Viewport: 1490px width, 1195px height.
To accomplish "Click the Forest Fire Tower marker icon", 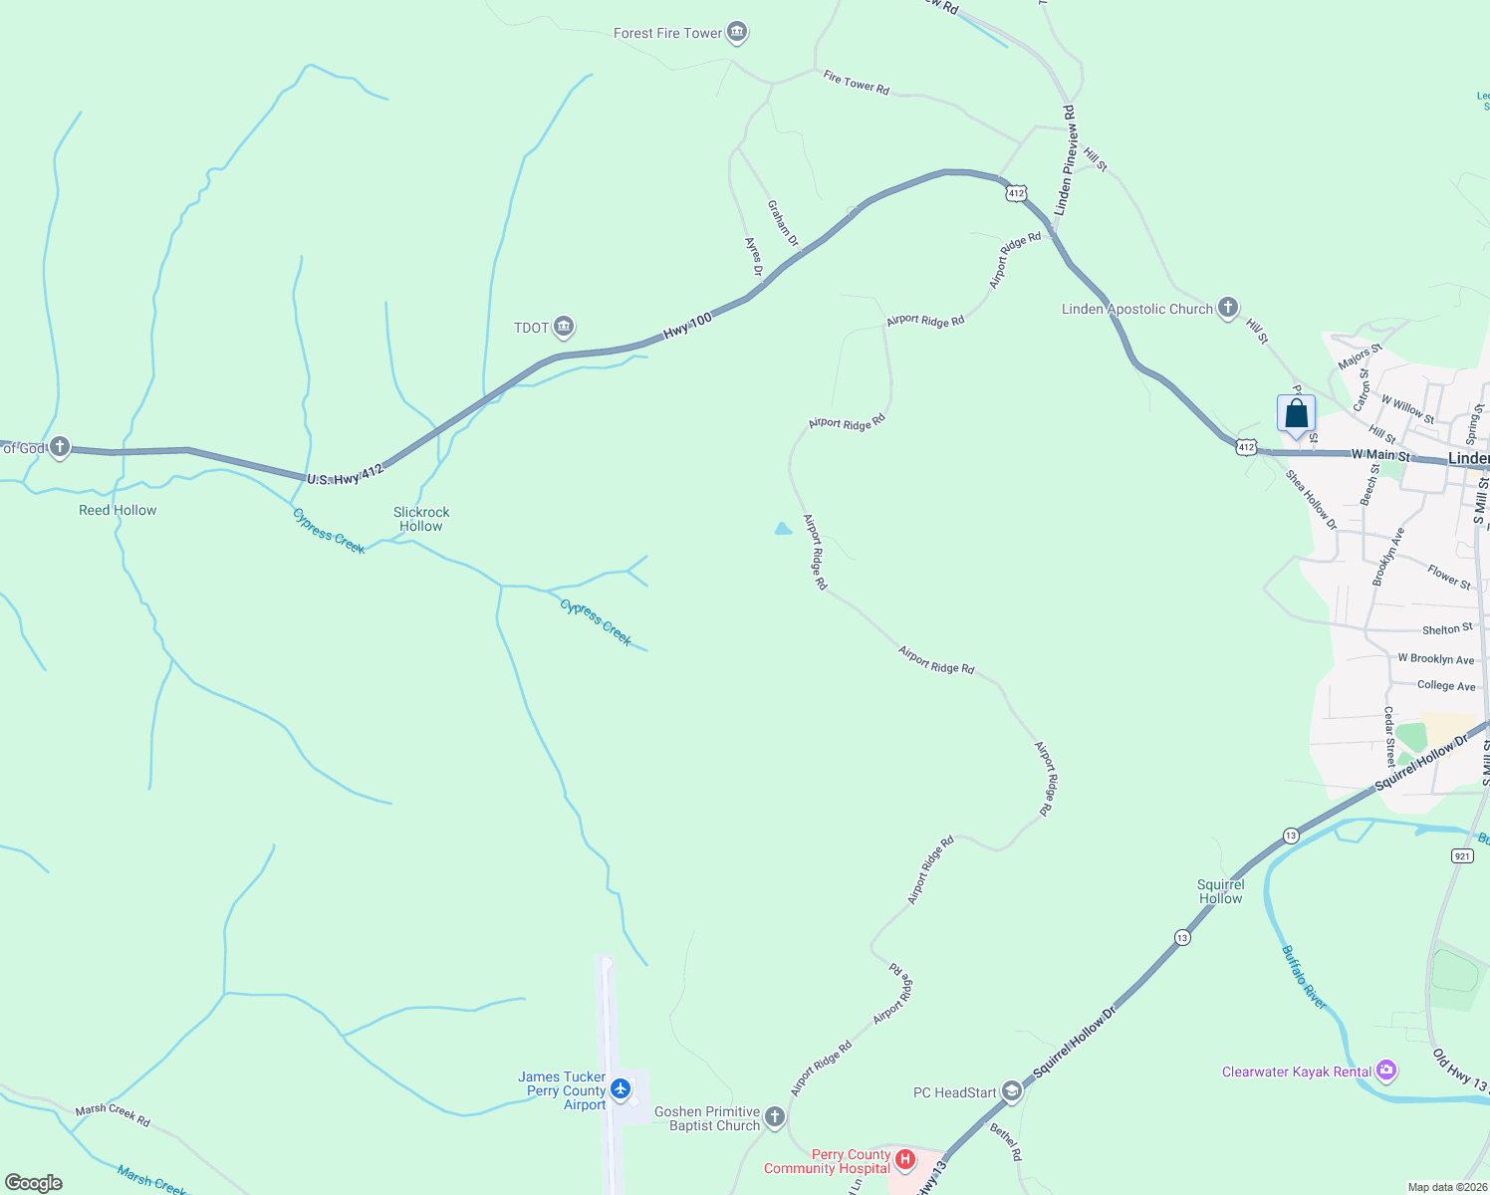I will tap(737, 33).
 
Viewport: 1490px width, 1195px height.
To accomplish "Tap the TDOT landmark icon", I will tap(564, 327).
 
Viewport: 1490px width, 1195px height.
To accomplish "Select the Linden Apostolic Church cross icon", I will tap(1228, 308).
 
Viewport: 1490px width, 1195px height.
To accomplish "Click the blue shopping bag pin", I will tap(1296, 414).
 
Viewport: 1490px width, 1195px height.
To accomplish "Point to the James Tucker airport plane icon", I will tap(621, 1089).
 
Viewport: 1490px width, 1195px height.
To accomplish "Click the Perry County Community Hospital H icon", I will tap(905, 1160).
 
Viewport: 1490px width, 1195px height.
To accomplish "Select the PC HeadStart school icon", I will tap(1012, 1092).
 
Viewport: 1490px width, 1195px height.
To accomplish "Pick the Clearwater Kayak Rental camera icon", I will tap(1386, 1072).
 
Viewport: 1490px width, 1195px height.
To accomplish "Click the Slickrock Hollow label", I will tap(421, 519).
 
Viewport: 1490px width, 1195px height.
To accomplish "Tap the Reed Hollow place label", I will tap(118, 510).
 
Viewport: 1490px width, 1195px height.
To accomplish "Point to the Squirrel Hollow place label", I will tap(1220, 891).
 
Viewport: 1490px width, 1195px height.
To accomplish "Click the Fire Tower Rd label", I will tap(856, 83).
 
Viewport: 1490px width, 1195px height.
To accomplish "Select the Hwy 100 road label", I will tap(688, 324).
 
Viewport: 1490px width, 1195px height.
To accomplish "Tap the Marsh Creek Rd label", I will tap(113, 1114).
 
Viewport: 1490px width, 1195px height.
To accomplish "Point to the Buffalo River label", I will tap(1304, 977).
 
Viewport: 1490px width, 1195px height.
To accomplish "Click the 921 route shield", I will tap(1462, 855).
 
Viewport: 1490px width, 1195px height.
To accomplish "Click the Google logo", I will tap(34, 1183).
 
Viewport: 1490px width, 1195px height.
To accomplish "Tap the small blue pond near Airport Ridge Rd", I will tap(783, 529).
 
